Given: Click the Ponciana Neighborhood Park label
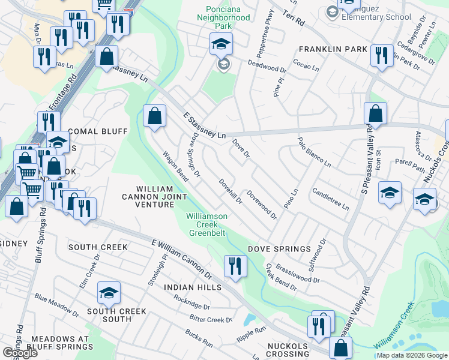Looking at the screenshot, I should click(228, 17).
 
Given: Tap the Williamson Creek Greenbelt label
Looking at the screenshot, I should click(206, 224).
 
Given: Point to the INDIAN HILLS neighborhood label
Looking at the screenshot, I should click(193, 287).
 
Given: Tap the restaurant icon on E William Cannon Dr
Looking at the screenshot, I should click(235, 265).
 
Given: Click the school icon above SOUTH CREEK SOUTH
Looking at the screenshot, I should click(109, 293).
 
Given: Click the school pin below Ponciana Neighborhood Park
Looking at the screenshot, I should click(220, 44).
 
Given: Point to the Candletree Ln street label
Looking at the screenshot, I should click(330, 199).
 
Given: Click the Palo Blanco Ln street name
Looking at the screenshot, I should click(315, 152).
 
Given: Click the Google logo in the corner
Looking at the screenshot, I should click(20, 353).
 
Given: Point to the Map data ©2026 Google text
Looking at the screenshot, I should click(411, 355).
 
